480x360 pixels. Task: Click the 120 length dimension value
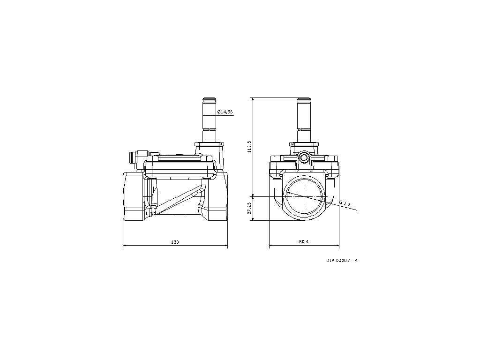(x=175, y=242)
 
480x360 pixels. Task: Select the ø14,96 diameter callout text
(x=225, y=112)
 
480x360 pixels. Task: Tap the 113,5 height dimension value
(x=249, y=146)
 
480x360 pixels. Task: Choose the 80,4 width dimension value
(x=303, y=242)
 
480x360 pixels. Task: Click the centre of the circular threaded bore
(x=304, y=197)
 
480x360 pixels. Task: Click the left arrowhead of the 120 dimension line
(x=124, y=246)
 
